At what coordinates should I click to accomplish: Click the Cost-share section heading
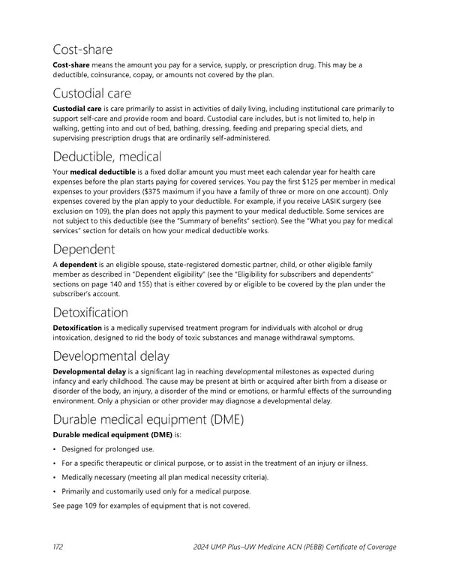click(x=82, y=49)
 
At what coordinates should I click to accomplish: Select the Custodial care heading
click(x=92, y=93)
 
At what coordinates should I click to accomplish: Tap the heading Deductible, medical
click(x=107, y=157)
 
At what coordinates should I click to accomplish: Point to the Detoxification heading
click(x=90, y=312)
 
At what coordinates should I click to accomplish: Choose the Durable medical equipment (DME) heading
click(x=148, y=419)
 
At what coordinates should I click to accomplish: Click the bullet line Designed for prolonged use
click(x=109, y=448)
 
